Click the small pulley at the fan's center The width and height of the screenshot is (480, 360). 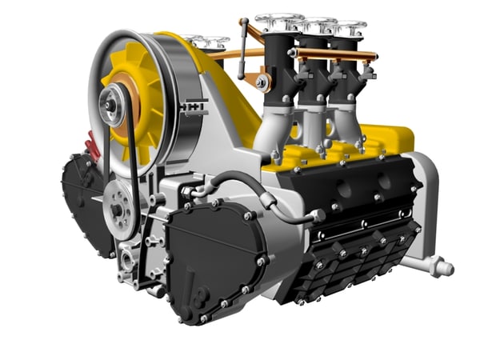[112, 102]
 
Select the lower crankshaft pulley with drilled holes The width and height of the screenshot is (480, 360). [120, 207]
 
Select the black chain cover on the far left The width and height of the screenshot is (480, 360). [85, 200]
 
